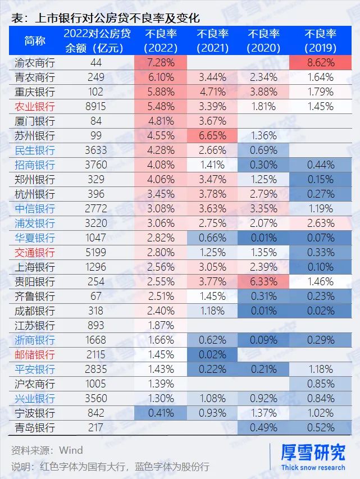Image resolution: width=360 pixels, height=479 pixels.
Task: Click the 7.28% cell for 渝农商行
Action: point(161,62)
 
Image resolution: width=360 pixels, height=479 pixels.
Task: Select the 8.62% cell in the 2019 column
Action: point(320,62)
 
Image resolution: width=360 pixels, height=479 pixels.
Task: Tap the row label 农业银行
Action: point(35,106)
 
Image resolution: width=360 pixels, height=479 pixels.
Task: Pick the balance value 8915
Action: point(96,106)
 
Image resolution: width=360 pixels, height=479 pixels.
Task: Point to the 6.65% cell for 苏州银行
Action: point(212,135)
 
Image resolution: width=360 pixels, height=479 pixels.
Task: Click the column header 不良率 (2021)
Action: point(212,40)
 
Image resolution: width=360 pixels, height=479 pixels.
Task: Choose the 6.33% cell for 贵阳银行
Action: point(263,281)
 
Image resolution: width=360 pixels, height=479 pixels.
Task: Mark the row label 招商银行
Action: point(35,165)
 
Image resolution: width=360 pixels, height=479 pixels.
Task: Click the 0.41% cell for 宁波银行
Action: point(161,413)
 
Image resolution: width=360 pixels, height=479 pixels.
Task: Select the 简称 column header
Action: point(35,40)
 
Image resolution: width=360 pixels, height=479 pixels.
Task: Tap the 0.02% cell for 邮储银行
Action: point(212,354)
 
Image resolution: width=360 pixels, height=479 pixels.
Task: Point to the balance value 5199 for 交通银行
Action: point(96,252)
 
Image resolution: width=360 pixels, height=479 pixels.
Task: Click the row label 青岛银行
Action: point(35,427)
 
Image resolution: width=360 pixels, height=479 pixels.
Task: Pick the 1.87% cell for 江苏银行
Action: point(161,325)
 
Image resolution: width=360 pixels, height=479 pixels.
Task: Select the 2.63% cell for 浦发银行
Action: point(320,223)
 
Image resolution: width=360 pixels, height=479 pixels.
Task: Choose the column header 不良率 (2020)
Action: point(263,40)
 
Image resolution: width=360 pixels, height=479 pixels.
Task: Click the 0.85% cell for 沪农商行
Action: point(320,384)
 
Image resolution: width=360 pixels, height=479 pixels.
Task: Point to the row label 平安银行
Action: point(35,369)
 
